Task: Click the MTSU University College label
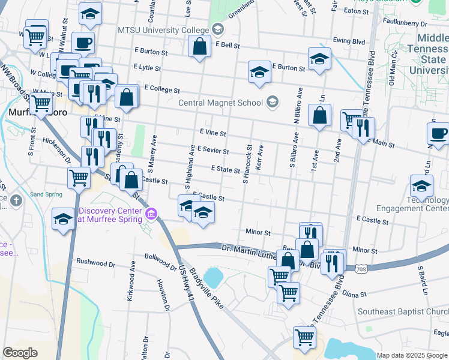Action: coord(163,30)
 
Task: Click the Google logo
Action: coord(20,352)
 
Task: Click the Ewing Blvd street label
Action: coord(349,41)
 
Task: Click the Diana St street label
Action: coord(354,295)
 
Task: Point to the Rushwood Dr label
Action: coord(95,262)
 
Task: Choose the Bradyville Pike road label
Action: coord(206,292)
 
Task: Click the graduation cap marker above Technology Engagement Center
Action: coord(421,187)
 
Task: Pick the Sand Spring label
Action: coord(46,195)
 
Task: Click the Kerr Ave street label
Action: coord(260,157)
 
